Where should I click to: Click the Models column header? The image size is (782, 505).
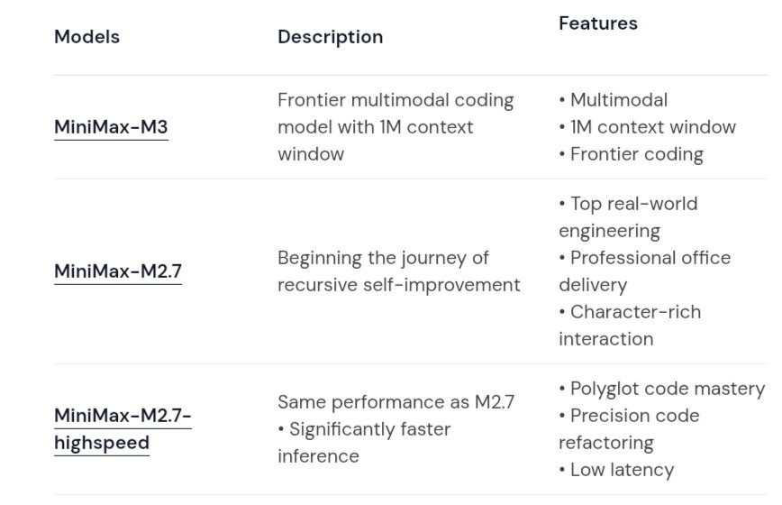pos(86,37)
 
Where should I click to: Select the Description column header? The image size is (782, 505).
pos(330,37)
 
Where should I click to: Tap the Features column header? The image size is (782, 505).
pos(598,23)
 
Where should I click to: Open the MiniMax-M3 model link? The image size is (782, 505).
pos(111,127)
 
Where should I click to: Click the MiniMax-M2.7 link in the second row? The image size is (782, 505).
pos(118,271)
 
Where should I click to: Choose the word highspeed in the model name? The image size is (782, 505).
pos(102,443)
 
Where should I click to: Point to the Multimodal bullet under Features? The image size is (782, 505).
pos(613,100)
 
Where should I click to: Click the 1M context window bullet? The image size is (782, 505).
pos(648,127)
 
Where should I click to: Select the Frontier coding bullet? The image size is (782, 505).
pos(631,155)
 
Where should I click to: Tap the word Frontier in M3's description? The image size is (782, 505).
pos(311,100)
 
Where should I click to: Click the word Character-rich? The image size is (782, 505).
pos(635,312)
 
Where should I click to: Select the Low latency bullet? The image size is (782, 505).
pos(616,470)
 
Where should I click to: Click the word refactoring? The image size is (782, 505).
pos(606,443)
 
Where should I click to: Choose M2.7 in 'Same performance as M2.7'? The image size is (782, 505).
pos(495,402)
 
